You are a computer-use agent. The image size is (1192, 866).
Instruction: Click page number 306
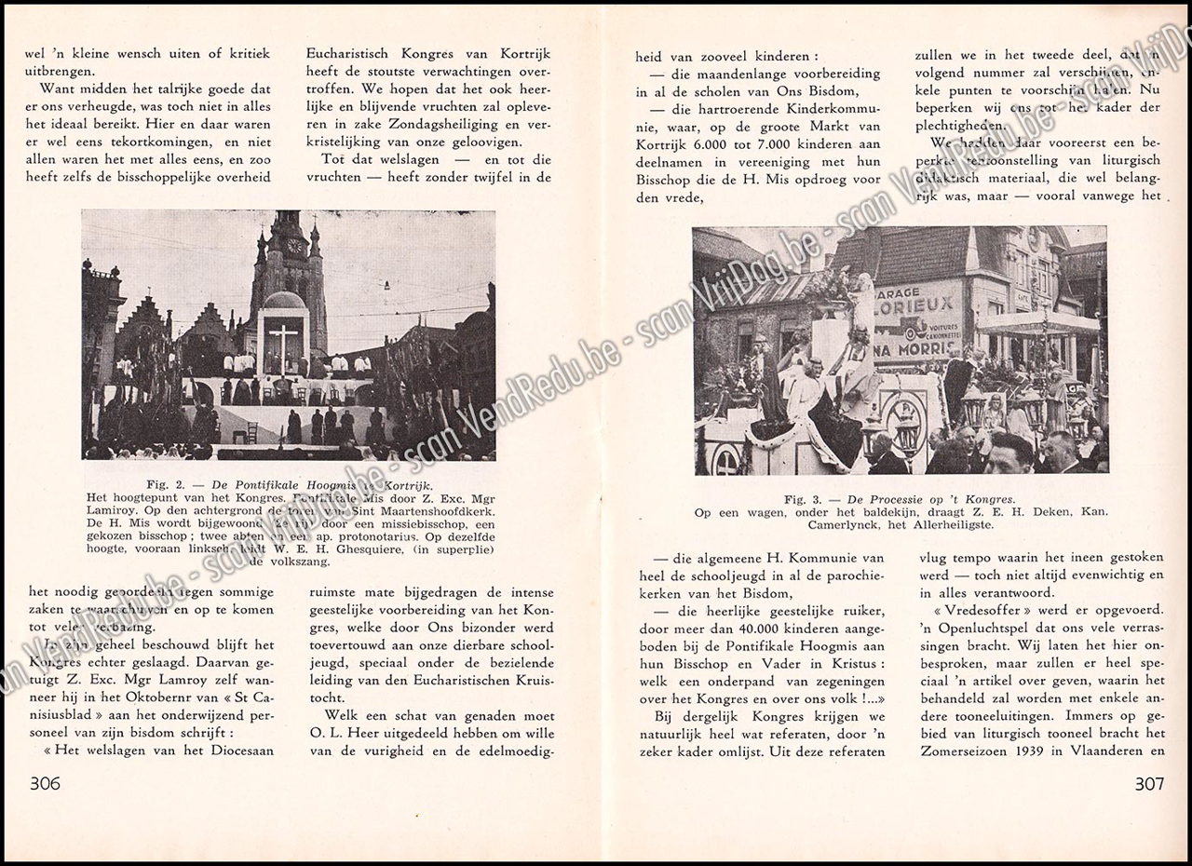tap(45, 783)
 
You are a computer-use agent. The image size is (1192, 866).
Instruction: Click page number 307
tap(1149, 783)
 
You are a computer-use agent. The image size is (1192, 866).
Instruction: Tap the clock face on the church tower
tap(295, 246)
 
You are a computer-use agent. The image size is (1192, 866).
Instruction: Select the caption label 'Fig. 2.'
tap(169, 484)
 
